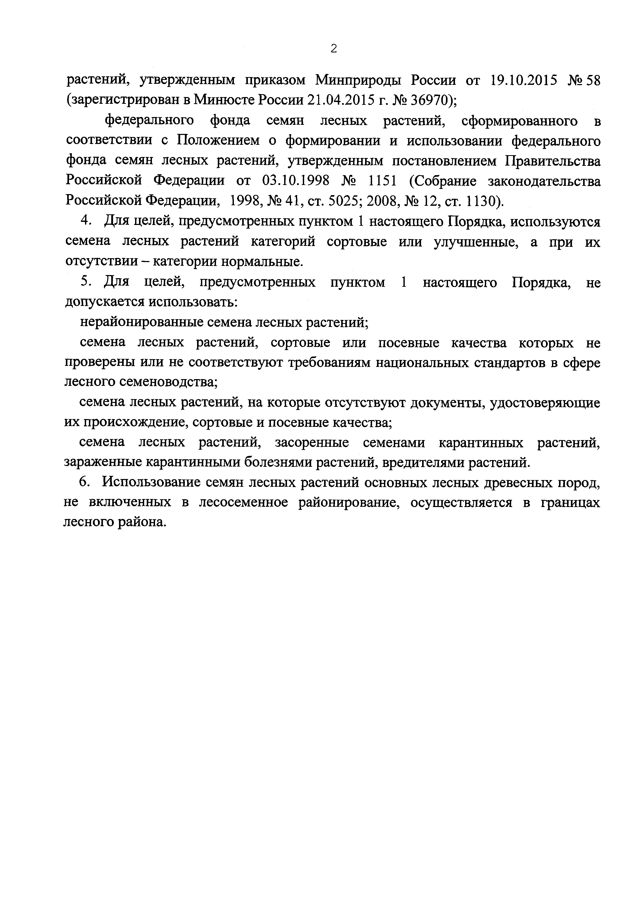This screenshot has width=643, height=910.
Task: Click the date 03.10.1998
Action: (x=296, y=181)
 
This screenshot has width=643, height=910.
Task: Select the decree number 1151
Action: (x=382, y=181)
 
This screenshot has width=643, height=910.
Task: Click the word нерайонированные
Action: (x=139, y=322)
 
